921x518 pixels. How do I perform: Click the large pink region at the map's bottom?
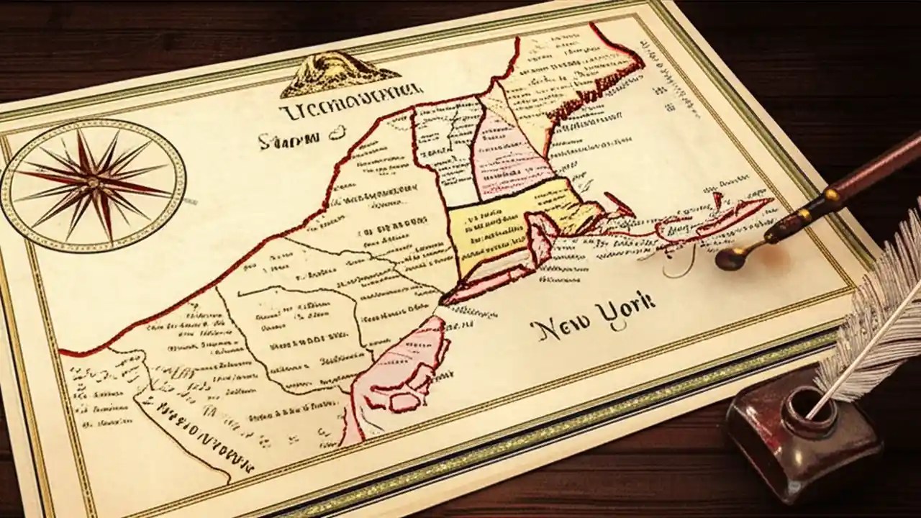[x=403, y=374]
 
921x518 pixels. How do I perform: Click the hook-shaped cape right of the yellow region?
[x=618, y=204]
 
